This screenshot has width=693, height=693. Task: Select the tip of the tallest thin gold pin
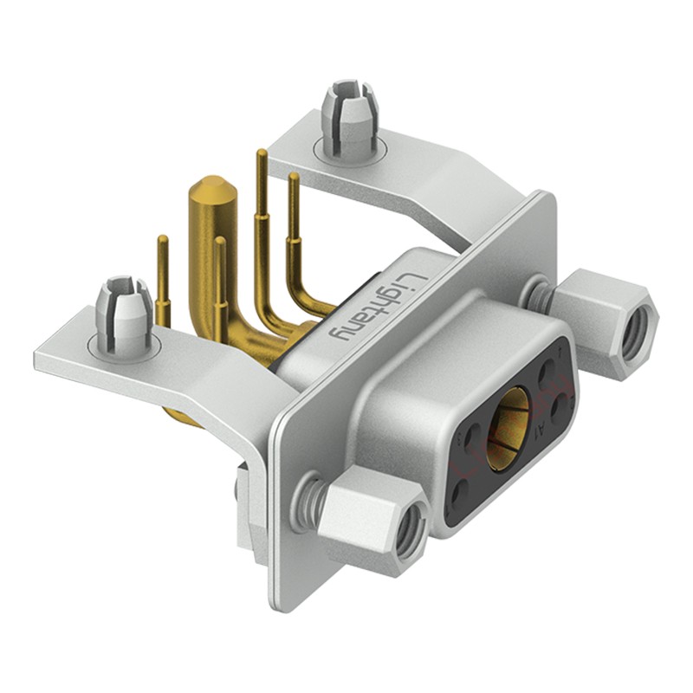[x=261, y=155]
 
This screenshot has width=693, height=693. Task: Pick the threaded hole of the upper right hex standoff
[x=639, y=328]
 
